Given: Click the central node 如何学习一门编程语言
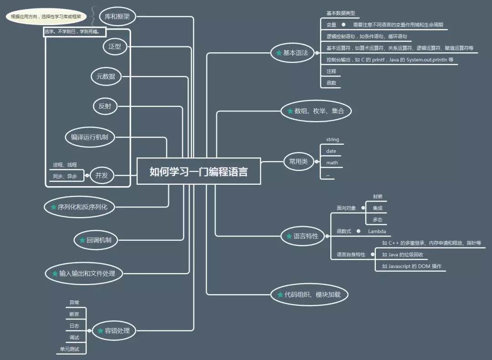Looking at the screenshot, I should (199, 171).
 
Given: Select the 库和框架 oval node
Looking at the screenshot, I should (117, 16).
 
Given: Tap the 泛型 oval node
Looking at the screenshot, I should (115, 46).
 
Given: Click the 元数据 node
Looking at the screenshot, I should (106, 76).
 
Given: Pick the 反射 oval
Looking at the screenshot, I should (105, 106).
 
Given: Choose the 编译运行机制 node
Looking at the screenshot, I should (89, 137).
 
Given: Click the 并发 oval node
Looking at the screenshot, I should (102, 175).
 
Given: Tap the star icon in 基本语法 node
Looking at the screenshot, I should (279, 53).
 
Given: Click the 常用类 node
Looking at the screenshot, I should (298, 161).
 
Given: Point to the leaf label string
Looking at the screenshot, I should (333, 140).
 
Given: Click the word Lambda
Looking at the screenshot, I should (377, 231).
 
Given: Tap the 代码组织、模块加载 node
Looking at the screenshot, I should (310, 294).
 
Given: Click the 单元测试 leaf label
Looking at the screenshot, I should (70, 349).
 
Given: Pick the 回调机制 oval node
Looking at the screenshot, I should (95, 240).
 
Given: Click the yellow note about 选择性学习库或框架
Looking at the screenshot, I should (46, 17).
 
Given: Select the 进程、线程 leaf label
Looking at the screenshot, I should (65, 165).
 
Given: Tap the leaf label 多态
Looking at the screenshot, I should (377, 219).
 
